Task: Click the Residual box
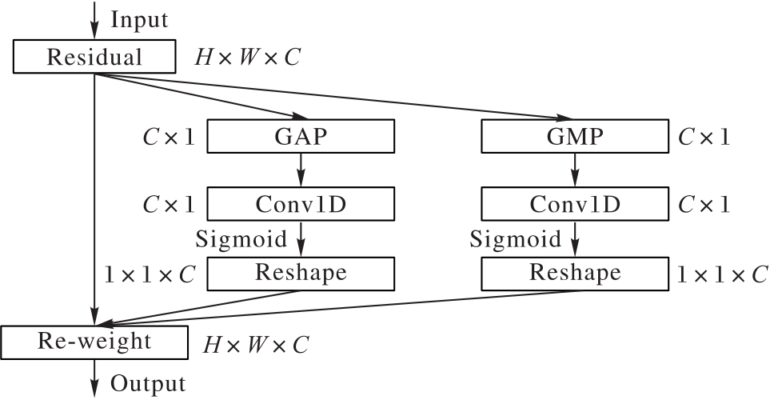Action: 94,58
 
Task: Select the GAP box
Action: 301,137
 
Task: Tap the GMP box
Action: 574,137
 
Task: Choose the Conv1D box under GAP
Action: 301,204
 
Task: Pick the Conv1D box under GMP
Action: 574,204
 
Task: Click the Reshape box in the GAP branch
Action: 301,273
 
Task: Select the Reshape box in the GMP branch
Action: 574,273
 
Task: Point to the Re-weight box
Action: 94,342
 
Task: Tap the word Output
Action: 148,383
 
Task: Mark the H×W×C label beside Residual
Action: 248,58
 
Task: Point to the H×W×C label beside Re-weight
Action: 255,345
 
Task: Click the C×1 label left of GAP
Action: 168,138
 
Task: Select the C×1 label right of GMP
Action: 704,138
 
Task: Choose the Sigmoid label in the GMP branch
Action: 515,238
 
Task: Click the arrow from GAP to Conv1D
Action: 301,170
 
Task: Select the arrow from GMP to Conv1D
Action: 574,170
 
